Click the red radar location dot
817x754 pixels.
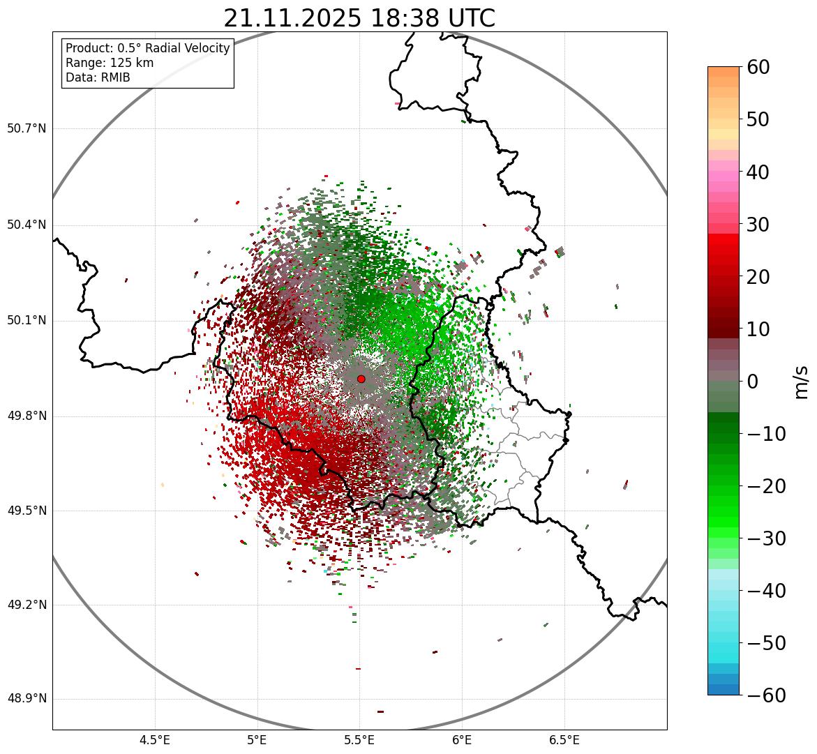tap(361, 379)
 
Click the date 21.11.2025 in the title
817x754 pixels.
tap(292, 18)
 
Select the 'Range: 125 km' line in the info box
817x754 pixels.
tap(110, 63)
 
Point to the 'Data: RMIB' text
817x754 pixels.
tap(98, 77)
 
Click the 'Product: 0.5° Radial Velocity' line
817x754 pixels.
tap(147, 48)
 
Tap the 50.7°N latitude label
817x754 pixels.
tap(27, 129)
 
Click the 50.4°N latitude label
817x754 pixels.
tap(27, 225)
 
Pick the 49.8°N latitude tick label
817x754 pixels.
tap(27, 416)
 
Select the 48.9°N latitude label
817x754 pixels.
tap(27, 699)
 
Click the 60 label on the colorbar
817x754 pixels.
tap(758, 67)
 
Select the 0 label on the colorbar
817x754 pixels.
tap(752, 382)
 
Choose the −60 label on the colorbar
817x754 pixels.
tap(766, 695)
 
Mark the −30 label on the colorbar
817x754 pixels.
tap(766, 538)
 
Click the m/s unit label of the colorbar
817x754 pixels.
tap(802, 381)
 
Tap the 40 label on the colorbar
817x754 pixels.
tap(758, 172)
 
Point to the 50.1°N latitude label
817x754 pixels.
tap(27, 321)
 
